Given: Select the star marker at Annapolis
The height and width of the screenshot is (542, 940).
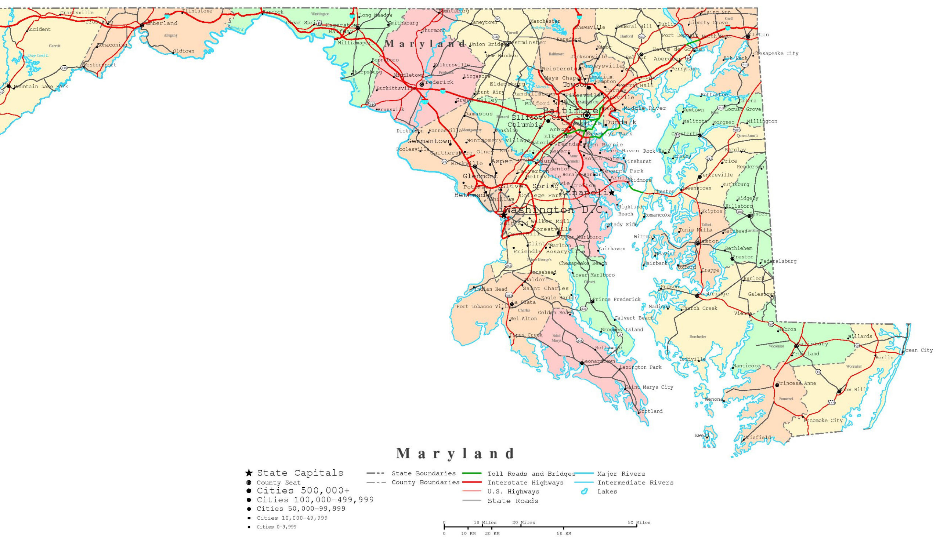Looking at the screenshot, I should [611, 192].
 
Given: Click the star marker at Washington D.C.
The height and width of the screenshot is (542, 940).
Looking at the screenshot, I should [504, 215].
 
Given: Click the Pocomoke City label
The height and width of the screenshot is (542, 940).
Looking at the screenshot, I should [823, 420].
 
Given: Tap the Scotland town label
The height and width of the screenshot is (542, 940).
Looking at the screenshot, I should [651, 411].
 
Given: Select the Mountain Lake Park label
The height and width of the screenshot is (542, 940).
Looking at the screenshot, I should [41, 86].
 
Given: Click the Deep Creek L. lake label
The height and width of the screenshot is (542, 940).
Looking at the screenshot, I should [38, 56].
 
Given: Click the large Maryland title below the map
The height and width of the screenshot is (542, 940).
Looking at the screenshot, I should [455, 454].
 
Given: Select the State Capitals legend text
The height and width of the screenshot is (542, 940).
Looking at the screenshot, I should [300, 473].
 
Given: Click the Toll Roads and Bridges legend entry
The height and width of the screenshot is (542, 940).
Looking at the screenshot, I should [531, 474].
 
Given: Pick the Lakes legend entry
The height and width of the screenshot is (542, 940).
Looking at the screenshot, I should [607, 491].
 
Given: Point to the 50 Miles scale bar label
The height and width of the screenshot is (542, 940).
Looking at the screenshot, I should [639, 523].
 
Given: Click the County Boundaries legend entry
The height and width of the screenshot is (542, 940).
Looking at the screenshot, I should [425, 483].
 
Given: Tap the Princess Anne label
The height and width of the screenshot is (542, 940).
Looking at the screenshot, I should [796, 383].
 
